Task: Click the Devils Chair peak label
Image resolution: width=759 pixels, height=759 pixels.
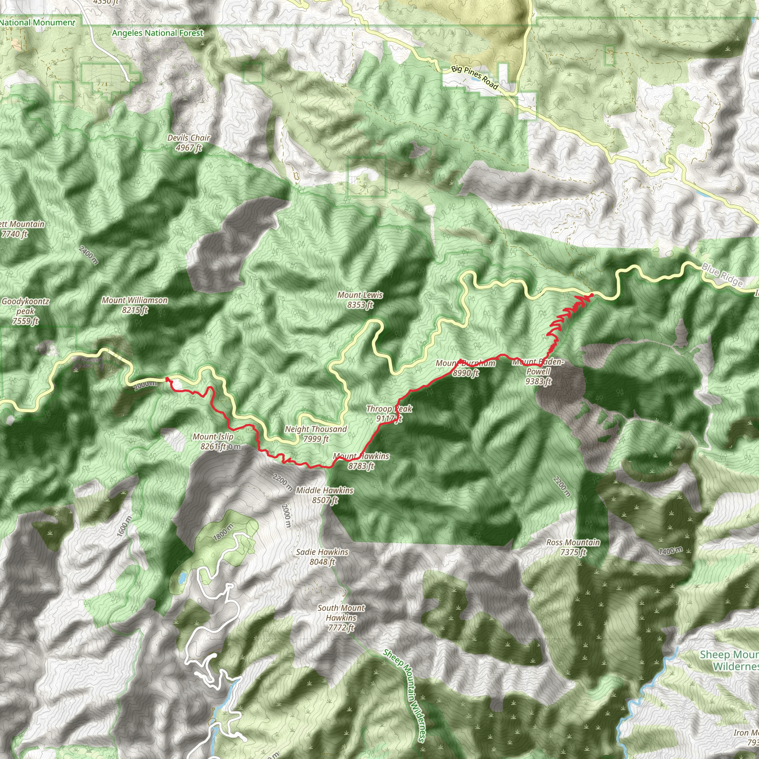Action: click(189, 143)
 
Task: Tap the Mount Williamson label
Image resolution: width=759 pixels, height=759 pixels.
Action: click(135, 305)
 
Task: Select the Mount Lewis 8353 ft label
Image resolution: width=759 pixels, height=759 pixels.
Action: click(360, 300)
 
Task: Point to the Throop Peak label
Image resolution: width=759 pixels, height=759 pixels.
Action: click(389, 414)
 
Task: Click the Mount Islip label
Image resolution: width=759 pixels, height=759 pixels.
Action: click(213, 441)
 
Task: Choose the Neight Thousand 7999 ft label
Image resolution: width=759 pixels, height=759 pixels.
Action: click(316, 434)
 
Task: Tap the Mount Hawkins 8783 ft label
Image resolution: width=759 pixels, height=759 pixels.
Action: click(361, 461)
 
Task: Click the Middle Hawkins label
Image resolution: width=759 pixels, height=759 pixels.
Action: click(325, 495)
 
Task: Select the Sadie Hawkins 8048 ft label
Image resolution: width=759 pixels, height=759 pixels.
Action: click(322, 557)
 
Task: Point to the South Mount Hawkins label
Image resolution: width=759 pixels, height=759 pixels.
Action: click(341, 617)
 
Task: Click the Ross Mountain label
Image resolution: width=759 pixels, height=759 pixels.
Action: click(573, 547)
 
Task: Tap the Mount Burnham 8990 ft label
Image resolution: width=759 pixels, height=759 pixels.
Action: click(465, 368)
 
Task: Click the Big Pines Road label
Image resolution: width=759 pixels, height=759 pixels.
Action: click(475, 77)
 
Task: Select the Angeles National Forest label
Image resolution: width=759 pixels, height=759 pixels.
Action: click(158, 33)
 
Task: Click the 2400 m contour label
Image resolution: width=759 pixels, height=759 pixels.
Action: click(89, 255)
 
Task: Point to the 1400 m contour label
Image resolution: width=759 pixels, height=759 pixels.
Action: click(670, 551)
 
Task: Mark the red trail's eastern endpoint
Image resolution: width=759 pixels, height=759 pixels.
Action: click(591, 295)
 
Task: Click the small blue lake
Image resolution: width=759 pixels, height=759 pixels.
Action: click(182, 578)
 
